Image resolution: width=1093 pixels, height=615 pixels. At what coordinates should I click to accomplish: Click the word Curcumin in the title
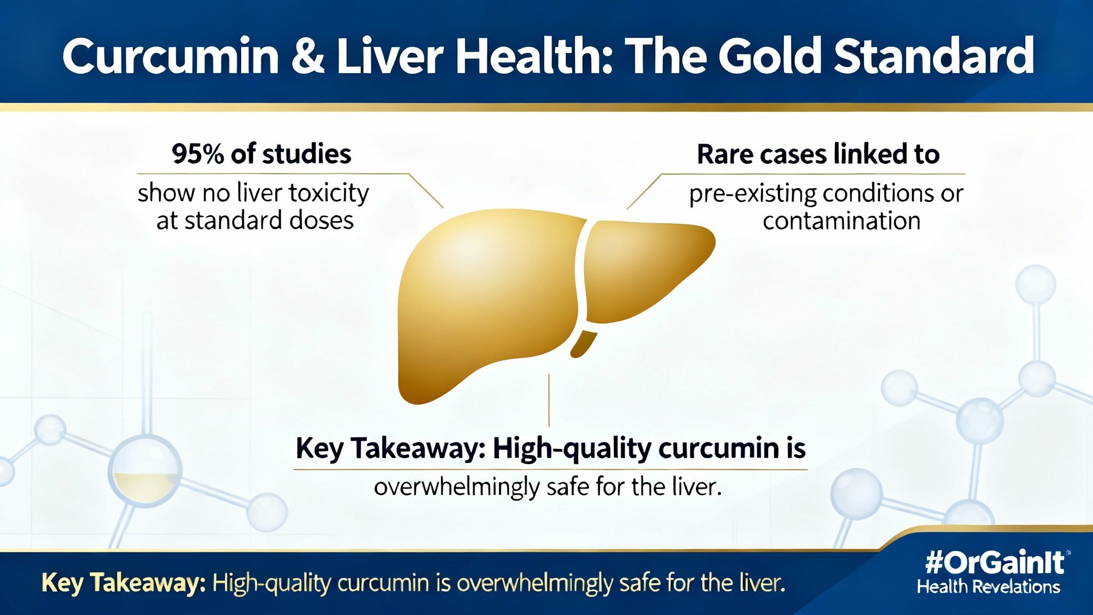click(171, 56)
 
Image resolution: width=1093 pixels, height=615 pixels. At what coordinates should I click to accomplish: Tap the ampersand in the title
click(308, 56)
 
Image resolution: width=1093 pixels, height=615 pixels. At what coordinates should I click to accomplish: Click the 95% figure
click(197, 154)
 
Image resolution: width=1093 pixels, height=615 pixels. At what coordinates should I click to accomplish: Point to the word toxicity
click(329, 193)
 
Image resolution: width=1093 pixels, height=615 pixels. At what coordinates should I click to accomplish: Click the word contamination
click(842, 221)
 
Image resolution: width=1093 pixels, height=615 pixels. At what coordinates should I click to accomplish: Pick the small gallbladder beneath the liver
click(583, 344)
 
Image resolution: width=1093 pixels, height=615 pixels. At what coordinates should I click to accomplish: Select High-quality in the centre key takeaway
click(572, 448)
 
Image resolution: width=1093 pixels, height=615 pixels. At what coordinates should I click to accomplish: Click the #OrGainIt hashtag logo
click(995, 562)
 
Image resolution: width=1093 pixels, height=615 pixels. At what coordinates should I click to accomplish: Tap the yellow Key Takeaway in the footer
click(123, 583)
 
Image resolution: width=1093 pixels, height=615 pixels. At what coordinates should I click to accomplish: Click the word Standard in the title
click(934, 56)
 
